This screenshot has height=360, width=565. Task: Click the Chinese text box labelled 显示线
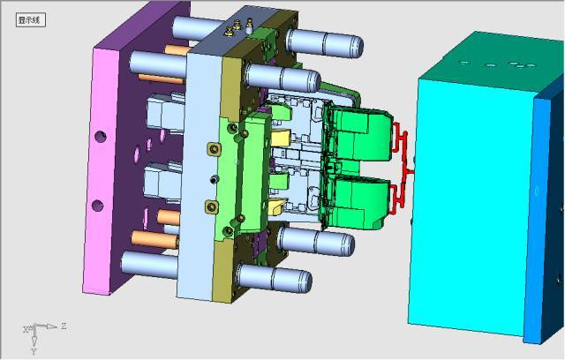[31, 20]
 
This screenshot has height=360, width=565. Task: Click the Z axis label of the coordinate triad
[64, 326]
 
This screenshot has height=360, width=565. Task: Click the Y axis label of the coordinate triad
[34, 351]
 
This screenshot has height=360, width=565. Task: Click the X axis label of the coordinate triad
[26, 329]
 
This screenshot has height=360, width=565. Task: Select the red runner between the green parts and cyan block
[402, 169]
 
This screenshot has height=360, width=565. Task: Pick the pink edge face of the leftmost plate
[102, 169]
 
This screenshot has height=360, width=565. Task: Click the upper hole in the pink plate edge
[100, 136]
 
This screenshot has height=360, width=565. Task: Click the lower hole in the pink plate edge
[97, 206]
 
